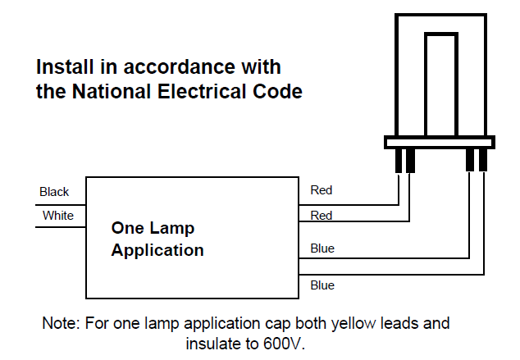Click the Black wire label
click(x=54, y=192)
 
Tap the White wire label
click(x=58, y=216)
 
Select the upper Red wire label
click(x=321, y=190)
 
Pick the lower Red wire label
click(x=321, y=216)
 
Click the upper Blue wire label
click(x=322, y=248)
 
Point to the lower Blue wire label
click(x=322, y=285)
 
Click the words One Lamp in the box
click(x=153, y=228)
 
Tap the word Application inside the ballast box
click(x=157, y=250)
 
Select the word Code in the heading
click(x=277, y=91)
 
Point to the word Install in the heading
click(x=65, y=66)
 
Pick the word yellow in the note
click(x=354, y=323)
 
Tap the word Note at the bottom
click(x=62, y=323)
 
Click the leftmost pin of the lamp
click(x=399, y=161)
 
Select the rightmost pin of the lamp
click(x=483, y=160)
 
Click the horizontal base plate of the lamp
click(x=440, y=142)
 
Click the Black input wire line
click(x=61, y=205)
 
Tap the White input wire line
click(x=61, y=227)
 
